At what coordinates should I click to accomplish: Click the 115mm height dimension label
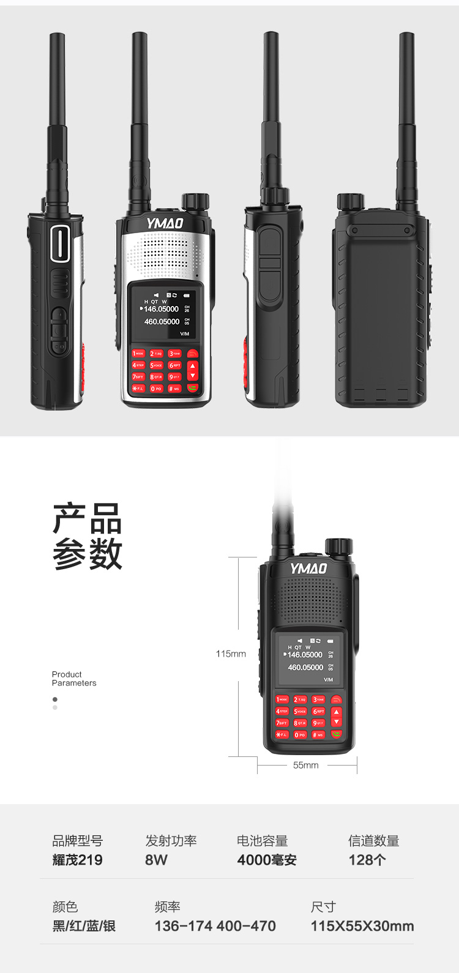click(x=231, y=654)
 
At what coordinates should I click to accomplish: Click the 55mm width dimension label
click(x=306, y=765)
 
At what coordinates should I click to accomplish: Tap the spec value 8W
click(x=156, y=860)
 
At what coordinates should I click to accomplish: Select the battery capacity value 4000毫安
click(x=267, y=860)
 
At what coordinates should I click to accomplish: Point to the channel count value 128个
click(x=367, y=860)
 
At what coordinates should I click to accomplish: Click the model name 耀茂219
click(x=77, y=860)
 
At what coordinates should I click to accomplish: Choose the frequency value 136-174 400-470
click(x=215, y=926)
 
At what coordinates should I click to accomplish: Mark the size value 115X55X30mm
click(x=362, y=926)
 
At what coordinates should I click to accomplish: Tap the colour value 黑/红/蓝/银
click(x=84, y=926)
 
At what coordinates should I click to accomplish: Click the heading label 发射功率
click(x=171, y=841)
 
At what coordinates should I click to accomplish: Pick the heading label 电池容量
click(x=262, y=841)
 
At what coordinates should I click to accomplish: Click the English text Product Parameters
click(x=73, y=679)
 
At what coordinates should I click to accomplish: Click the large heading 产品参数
click(x=87, y=537)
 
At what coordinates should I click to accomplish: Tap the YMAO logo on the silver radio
click(x=165, y=223)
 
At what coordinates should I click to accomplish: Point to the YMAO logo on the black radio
click(x=308, y=569)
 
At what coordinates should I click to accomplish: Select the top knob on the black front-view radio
click(x=338, y=546)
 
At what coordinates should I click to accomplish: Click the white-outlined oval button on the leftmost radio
click(x=60, y=244)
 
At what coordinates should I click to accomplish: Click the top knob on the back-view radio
click(x=351, y=201)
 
